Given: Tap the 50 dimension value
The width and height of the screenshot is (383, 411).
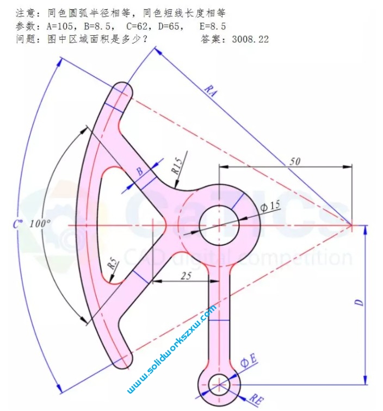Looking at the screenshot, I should [x=294, y=161].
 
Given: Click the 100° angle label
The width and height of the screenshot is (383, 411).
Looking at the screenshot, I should [x=40, y=223].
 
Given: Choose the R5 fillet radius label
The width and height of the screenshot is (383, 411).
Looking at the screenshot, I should [x=113, y=265].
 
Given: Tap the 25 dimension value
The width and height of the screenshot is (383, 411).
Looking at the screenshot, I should [x=186, y=276].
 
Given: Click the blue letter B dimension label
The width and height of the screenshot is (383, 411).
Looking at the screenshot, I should [x=140, y=172].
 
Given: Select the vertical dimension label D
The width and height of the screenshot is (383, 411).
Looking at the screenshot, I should [x=359, y=302].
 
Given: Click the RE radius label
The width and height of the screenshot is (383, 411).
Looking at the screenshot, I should [x=256, y=400].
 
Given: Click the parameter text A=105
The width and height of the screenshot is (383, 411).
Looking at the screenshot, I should [x=63, y=26].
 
